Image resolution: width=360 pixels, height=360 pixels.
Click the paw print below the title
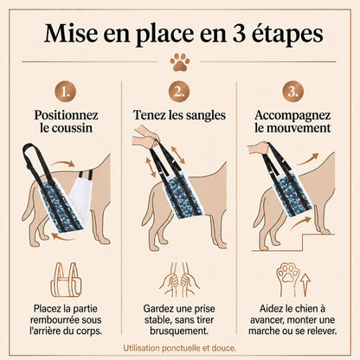click(x=180, y=62)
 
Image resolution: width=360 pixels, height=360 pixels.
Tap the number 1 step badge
click(x=66, y=92)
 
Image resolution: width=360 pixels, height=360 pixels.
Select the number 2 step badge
click(x=179, y=92)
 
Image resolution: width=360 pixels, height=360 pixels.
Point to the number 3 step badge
click(x=293, y=92)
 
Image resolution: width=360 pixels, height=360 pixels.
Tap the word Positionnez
click(x=66, y=115)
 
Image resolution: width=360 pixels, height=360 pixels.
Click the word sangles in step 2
click(x=206, y=115)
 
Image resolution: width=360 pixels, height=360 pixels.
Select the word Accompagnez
click(x=292, y=116)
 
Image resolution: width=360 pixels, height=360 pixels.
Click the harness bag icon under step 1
click(x=66, y=280)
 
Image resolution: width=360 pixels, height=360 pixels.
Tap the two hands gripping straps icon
click(x=179, y=280)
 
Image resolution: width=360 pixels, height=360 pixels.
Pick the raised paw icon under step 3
click(x=287, y=279)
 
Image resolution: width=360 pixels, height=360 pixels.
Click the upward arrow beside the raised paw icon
click(x=305, y=285)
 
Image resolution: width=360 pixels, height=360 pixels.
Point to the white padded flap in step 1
click(x=80, y=197)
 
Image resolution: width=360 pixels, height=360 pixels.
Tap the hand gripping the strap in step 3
click(x=259, y=148)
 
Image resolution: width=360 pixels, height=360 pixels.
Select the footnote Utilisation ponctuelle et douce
click(x=180, y=348)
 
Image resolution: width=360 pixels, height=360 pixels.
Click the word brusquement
click(x=179, y=331)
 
